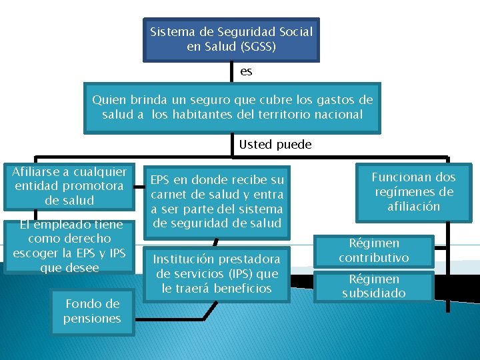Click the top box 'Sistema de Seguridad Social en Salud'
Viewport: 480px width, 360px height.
(x=231, y=39)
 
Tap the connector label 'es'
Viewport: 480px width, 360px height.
(x=246, y=71)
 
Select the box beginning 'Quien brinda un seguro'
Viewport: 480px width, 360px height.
(x=232, y=107)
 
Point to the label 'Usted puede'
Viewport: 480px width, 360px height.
(x=275, y=144)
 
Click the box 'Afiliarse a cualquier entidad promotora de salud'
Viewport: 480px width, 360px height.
(x=69, y=186)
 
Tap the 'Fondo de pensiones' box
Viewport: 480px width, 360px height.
(x=92, y=311)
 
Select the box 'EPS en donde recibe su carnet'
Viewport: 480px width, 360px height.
(x=217, y=201)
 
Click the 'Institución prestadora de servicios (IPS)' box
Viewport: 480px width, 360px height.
(x=217, y=273)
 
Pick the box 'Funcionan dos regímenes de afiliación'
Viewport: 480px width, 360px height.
(x=413, y=191)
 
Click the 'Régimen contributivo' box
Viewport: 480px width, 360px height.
(x=373, y=251)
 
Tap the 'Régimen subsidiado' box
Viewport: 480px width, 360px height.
(x=373, y=286)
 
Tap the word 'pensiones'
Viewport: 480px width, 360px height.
(x=92, y=318)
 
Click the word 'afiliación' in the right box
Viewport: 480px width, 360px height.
(x=413, y=206)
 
